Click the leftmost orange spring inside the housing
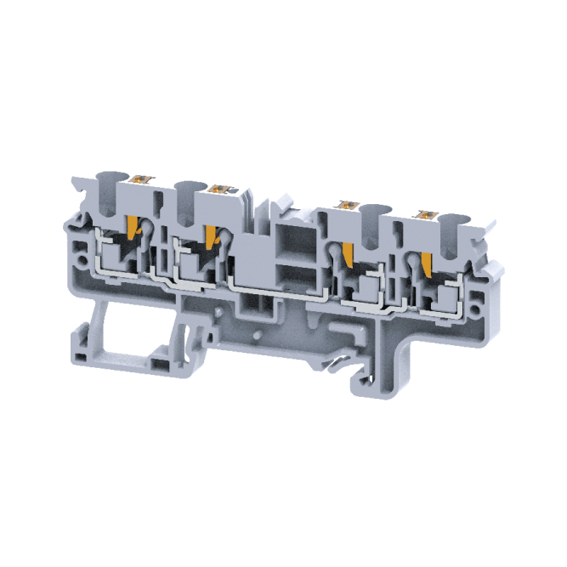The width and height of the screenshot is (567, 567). (x=133, y=227)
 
